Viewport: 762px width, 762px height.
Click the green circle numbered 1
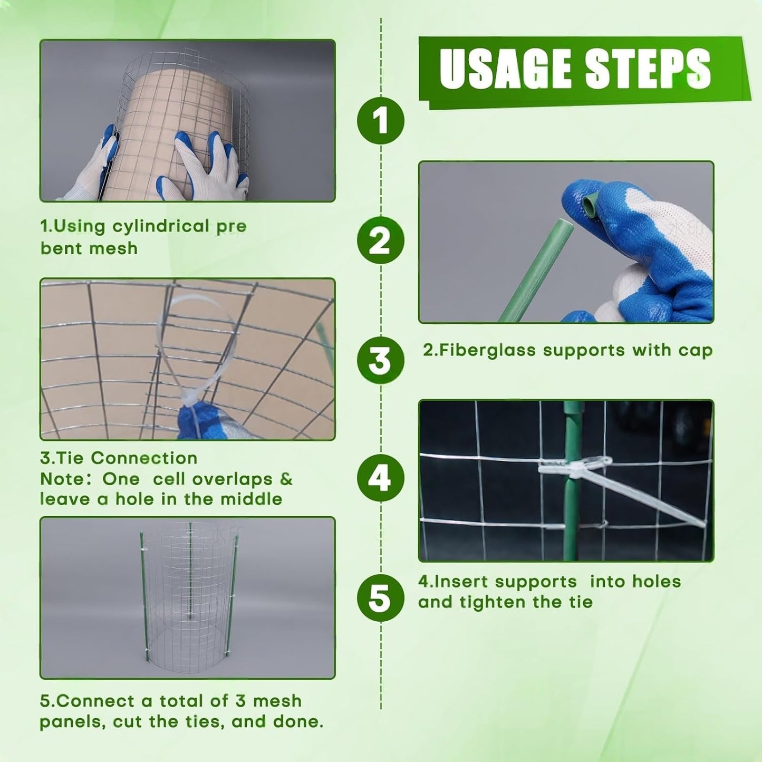pos(380,120)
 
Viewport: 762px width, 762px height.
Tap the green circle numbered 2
pos(380,240)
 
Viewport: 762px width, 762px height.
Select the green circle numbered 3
pos(380,361)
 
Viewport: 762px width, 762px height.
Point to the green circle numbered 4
pos(380,478)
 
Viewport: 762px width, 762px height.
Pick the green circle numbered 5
pos(380,597)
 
